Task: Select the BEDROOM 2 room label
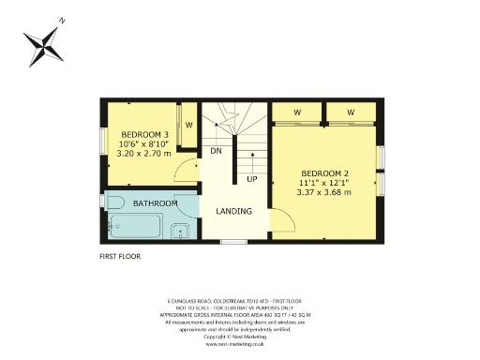click(x=324, y=172)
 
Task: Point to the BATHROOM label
click(x=155, y=202)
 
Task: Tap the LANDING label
click(x=233, y=211)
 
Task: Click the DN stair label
click(x=216, y=151)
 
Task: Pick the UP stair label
click(x=251, y=178)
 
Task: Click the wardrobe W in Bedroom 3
click(x=188, y=125)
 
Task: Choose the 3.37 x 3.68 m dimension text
click(x=324, y=192)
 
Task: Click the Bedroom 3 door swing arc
click(x=189, y=170)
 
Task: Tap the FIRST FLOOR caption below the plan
click(x=119, y=254)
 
